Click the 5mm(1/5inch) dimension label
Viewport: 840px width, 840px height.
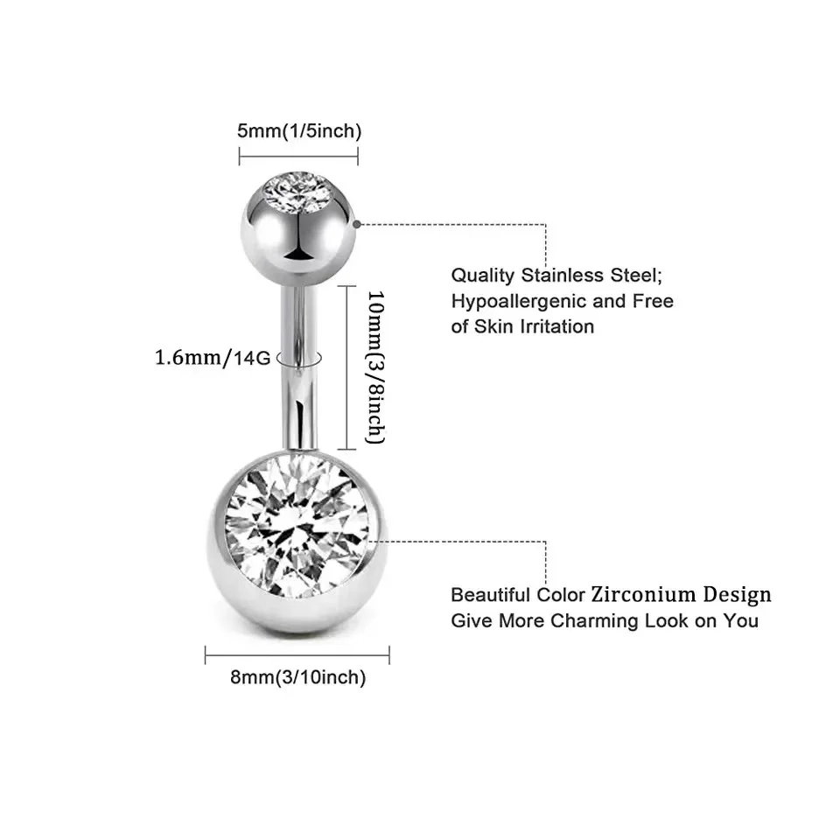tap(298, 131)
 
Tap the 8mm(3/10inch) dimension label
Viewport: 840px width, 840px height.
tap(298, 676)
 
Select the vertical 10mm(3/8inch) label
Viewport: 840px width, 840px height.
tap(375, 367)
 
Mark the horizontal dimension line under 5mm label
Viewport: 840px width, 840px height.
tap(298, 157)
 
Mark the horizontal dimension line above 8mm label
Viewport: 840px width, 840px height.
tap(297, 654)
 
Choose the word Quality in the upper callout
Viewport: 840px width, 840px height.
tap(483, 275)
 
